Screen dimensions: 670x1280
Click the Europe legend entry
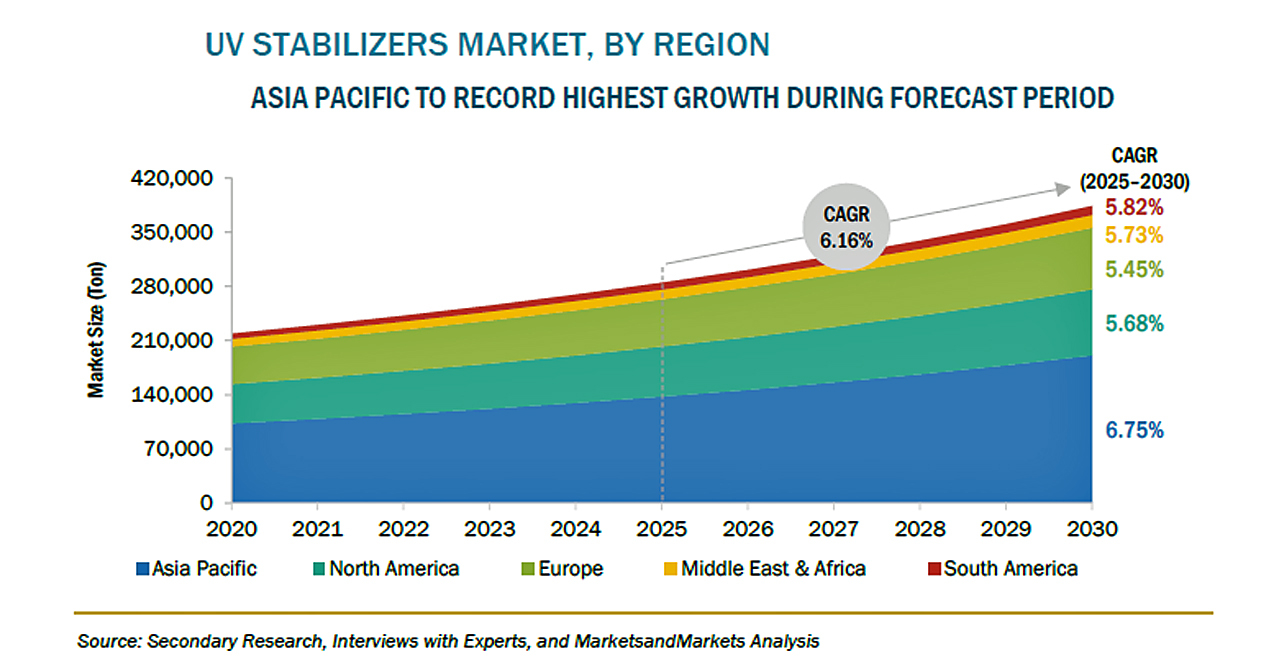(x=562, y=569)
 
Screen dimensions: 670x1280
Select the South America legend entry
(x=1002, y=569)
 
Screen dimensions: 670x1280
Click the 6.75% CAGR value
(x=1134, y=431)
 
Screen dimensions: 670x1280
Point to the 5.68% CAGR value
(x=1134, y=324)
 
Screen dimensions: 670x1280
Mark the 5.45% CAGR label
(x=1134, y=270)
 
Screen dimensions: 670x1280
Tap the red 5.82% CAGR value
(x=1134, y=208)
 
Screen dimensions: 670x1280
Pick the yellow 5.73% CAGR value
(x=1134, y=236)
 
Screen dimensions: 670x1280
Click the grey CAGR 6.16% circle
(x=847, y=229)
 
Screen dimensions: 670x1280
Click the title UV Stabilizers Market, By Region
(x=487, y=45)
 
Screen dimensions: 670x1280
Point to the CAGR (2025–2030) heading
(x=1134, y=168)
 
